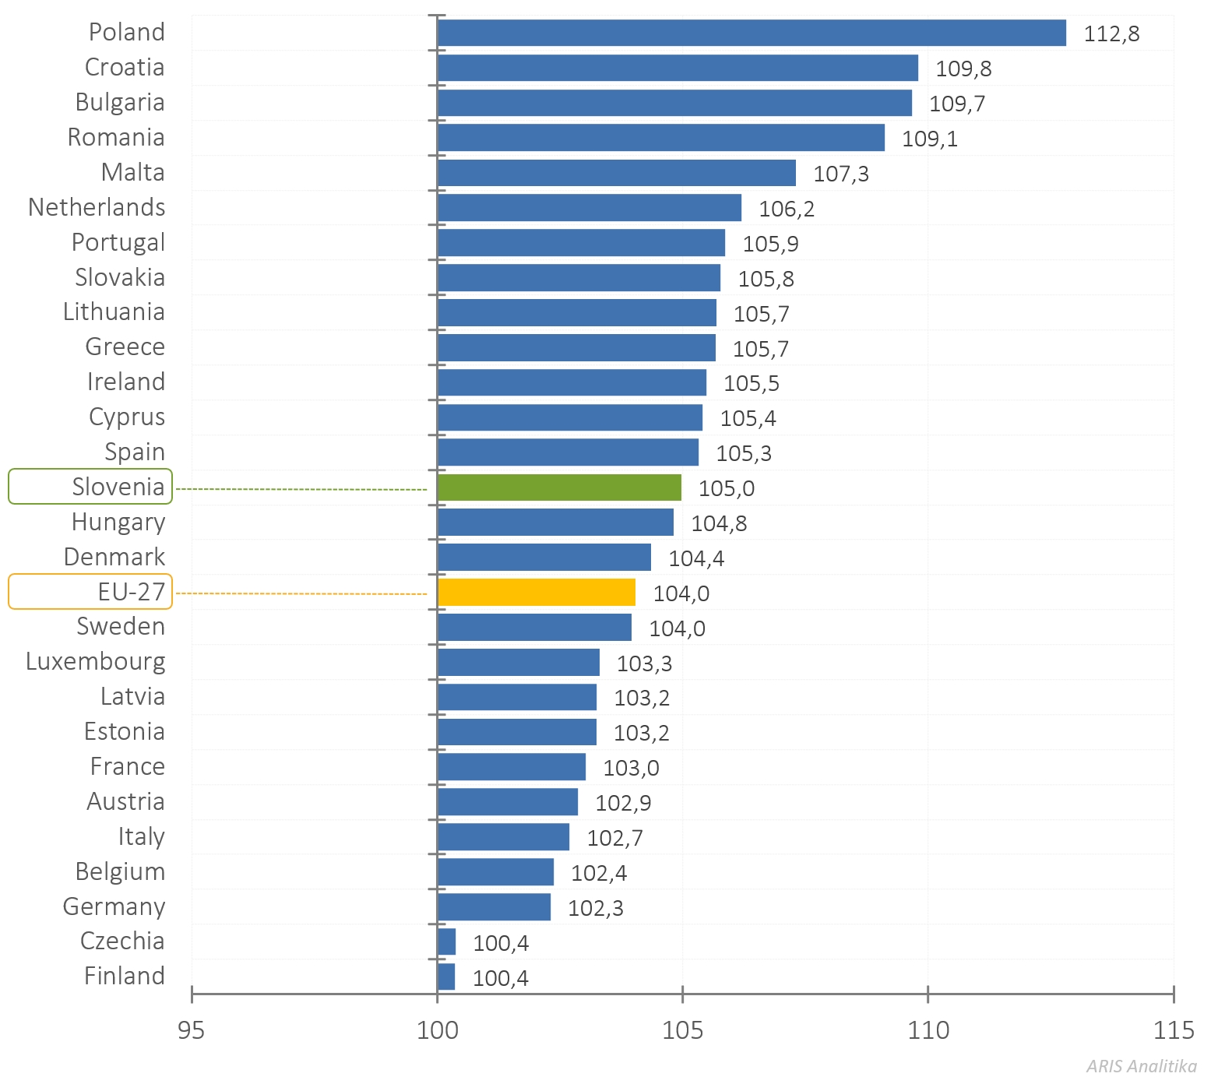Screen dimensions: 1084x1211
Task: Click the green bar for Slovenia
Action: coord(559,487)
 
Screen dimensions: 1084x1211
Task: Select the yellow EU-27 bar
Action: coord(537,593)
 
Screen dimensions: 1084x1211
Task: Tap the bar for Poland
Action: coord(752,33)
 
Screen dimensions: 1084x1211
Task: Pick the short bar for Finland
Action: coord(446,977)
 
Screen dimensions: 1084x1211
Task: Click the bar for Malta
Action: coord(617,173)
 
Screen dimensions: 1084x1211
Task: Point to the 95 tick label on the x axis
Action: coord(191,1030)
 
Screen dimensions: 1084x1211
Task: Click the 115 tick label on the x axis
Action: coord(1173,1030)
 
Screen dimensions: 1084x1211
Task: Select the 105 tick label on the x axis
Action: coord(682,1030)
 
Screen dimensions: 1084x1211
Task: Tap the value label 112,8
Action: coord(1111,34)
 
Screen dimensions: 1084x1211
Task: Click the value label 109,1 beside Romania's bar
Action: coord(930,139)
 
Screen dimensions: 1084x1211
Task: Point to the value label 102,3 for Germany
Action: coord(596,908)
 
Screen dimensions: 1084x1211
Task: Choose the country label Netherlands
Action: coord(97,207)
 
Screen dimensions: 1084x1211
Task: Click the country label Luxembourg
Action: coord(95,661)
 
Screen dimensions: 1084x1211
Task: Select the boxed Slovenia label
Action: coord(90,487)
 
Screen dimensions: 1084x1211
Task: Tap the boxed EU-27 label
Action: coord(90,592)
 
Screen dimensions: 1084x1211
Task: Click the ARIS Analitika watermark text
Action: coord(1141,1066)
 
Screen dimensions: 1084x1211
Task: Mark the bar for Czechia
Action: coord(446,941)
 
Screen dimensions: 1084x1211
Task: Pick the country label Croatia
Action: coord(125,68)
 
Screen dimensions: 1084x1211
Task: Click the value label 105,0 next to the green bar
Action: coord(727,489)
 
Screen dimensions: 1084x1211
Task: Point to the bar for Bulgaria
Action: coord(674,103)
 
